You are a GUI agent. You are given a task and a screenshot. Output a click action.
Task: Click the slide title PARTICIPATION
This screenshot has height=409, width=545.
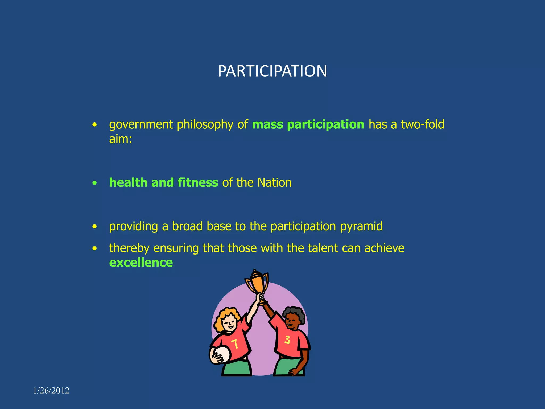tap(272, 71)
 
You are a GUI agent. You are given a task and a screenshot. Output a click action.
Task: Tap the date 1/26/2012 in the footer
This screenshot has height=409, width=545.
tap(51, 391)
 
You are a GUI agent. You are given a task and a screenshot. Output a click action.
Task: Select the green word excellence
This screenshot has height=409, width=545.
tap(141, 263)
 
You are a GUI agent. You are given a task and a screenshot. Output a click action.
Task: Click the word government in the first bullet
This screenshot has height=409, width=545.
tap(141, 125)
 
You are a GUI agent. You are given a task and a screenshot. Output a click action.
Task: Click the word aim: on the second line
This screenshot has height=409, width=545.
tap(121, 139)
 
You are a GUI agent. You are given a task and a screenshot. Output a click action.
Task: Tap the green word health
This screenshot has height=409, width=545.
tap(128, 183)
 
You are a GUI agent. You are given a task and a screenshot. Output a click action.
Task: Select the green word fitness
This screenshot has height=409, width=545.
tap(198, 183)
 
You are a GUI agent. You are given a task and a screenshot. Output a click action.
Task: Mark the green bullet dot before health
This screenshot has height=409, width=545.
tap(94, 183)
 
